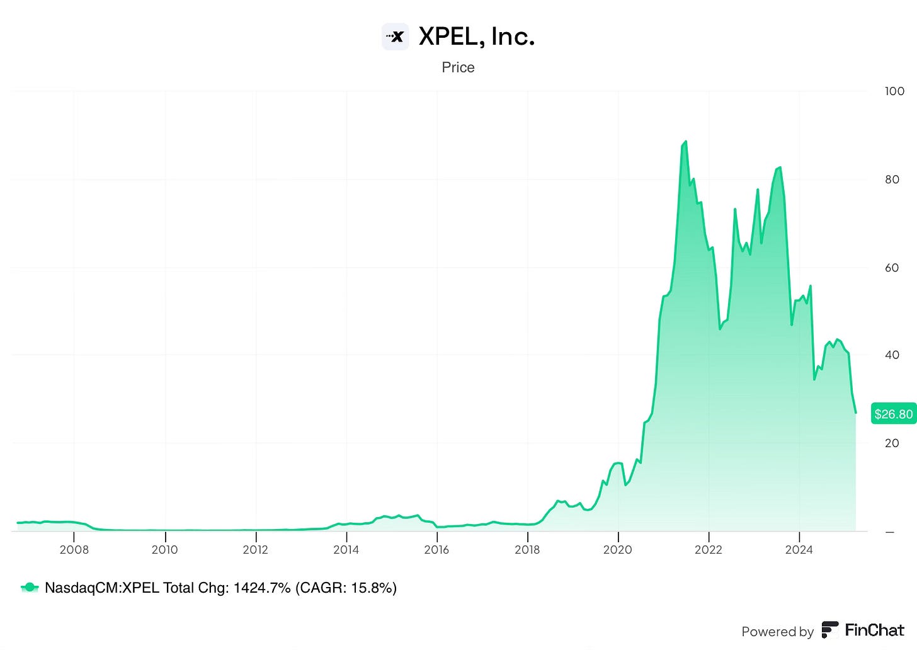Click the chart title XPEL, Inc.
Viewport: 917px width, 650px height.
click(x=476, y=37)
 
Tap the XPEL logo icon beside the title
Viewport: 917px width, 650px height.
click(x=396, y=37)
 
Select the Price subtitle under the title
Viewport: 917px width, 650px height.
click(x=458, y=67)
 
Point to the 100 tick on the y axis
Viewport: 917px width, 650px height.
click(x=894, y=91)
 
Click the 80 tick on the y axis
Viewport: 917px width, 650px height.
click(x=892, y=180)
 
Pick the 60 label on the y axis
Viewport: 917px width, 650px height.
click(x=892, y=268)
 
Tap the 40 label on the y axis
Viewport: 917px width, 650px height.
click(x=892, y=355)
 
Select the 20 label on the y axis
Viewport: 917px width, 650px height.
click(x=892, y=443)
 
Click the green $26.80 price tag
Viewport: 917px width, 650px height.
click(x=893, y=414)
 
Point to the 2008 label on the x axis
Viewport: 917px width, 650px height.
click(x=74, y=549)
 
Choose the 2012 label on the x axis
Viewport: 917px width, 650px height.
click(x=255, y=549)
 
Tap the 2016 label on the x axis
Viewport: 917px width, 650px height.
click(x=436, y=549)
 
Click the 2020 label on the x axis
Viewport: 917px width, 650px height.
click(x=618, y=549)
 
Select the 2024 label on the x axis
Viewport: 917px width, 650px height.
click(x=799, y=549)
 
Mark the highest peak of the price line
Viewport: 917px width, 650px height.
click(x=685, y=142)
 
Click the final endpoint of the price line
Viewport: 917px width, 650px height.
click(x=855, y=413)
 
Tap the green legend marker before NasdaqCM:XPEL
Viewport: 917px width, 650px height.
click(x=30, y=588)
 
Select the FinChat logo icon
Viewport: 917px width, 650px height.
click(x=830, y=630)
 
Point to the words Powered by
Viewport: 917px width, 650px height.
click(x=777, y=631)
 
